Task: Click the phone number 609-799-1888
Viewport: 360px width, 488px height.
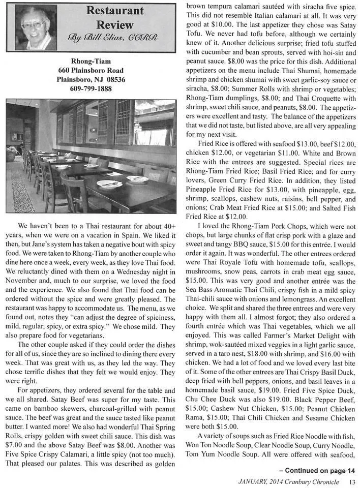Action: [92, 89]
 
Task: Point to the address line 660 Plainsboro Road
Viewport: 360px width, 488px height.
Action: [92, 71]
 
